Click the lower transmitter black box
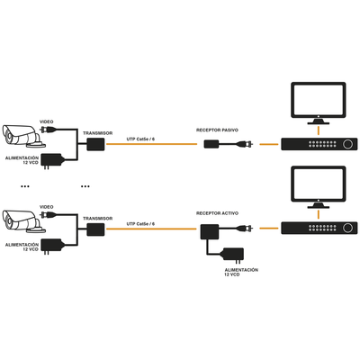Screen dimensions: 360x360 coord(95,232)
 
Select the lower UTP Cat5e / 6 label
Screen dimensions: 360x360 coord(140,223)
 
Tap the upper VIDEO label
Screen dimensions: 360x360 coord(46,121)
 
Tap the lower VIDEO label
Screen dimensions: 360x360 coord(46,206)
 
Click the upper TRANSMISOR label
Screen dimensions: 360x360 coord(97,132)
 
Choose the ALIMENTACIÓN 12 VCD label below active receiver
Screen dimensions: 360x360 coord(240,272)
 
